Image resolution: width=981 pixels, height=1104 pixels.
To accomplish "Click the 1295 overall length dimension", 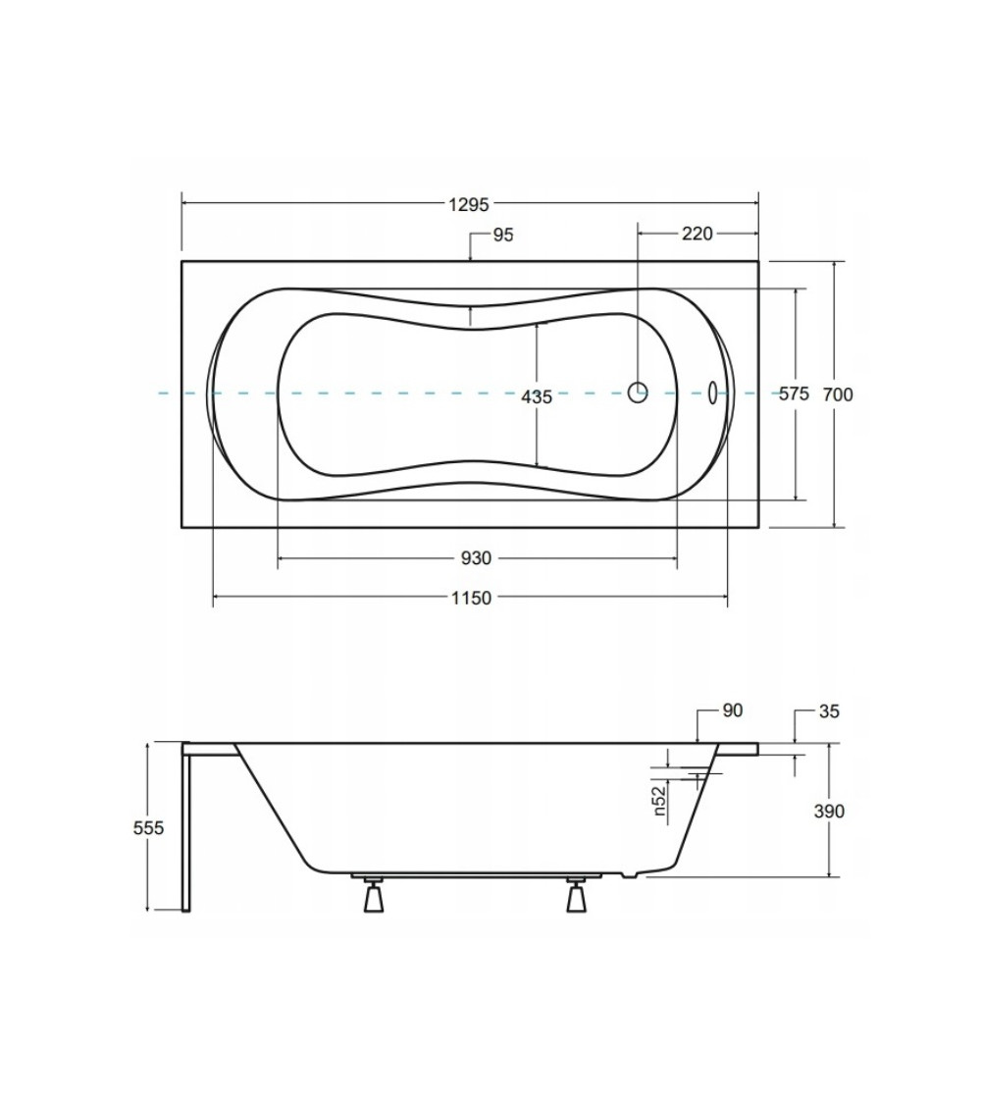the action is [469, 204].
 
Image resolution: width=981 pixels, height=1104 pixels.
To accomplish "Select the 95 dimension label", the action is [503, 236].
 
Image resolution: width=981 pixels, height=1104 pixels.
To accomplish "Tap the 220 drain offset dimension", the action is [697, 233].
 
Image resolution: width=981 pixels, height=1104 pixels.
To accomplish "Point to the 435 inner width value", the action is [537, 397].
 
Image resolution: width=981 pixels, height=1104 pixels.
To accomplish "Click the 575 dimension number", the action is [795, 394].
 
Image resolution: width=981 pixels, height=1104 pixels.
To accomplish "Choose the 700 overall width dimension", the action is [838, 394].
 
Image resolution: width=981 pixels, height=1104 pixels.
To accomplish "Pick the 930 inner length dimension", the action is [476, 558].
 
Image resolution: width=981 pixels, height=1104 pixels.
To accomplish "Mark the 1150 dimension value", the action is [472, 598].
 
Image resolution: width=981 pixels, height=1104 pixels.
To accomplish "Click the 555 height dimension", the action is [148, 828].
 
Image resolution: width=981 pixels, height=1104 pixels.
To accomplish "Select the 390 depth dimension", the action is [829, 812].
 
